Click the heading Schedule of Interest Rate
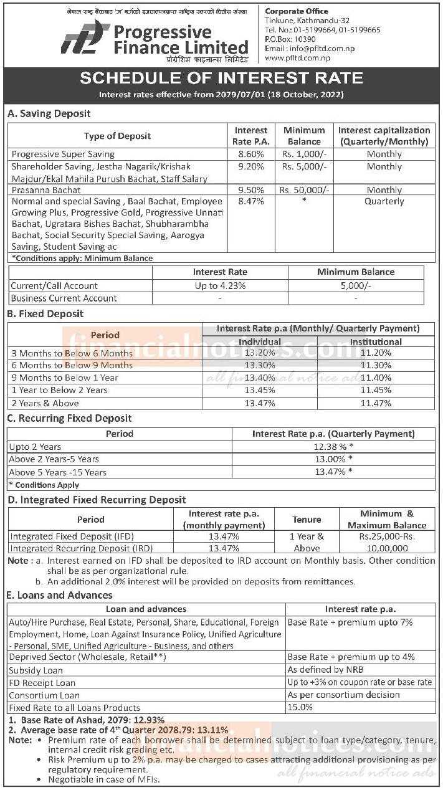point(221,78)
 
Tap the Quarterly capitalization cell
point(384,201)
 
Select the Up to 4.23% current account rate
point(219,285)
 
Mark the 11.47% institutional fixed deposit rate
point(375,403)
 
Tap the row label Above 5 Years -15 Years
point(57,472)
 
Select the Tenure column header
point(307,519)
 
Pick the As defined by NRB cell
point(325,670)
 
